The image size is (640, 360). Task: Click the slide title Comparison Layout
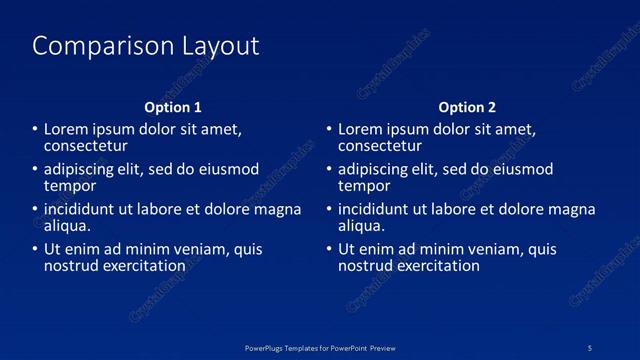(146, 46)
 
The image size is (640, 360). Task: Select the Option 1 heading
(173, 107)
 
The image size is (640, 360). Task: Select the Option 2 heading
(467, 107)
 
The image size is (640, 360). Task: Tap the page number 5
(590, 347)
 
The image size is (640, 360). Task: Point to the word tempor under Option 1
(69, 186)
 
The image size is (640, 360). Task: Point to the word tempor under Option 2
(363, 186)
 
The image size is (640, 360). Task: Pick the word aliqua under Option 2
(359, 226)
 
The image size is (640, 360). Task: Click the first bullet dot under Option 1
(34, 130)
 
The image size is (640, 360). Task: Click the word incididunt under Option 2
(375, 210)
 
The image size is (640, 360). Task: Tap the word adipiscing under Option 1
(81, 170)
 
